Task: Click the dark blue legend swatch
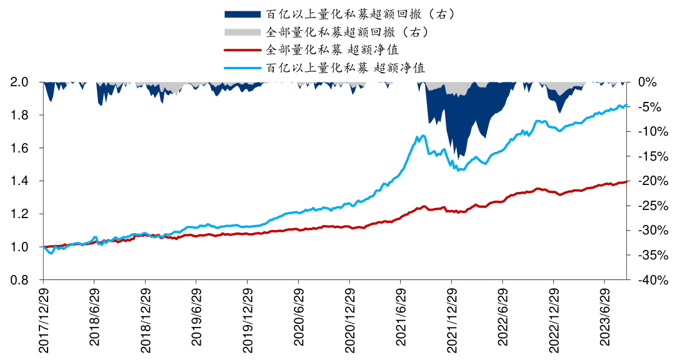(242, 14)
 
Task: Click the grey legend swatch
(242, 31)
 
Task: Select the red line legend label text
(333, 49)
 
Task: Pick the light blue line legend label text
(346, 67)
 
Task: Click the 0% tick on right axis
(647, 82)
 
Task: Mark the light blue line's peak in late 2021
(423, 135)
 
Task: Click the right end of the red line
(626, 181)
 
